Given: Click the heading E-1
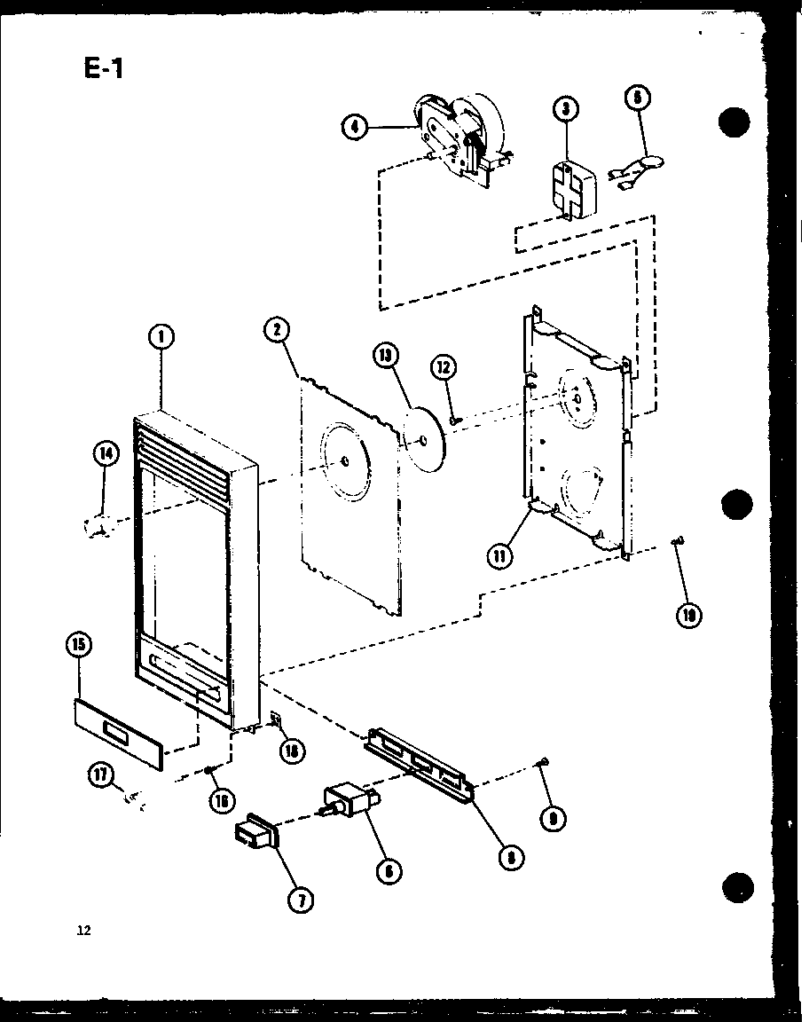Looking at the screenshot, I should click(104, 67).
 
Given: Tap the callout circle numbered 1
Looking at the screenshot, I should click(162, 336).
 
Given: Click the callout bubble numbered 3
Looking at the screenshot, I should click(565, 109).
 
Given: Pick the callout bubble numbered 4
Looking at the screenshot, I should click(355, 128).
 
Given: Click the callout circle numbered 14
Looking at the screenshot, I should click(106, 454).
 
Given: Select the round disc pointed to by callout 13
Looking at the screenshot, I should click(424, 439).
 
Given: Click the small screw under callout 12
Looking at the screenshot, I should click(453, 419).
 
